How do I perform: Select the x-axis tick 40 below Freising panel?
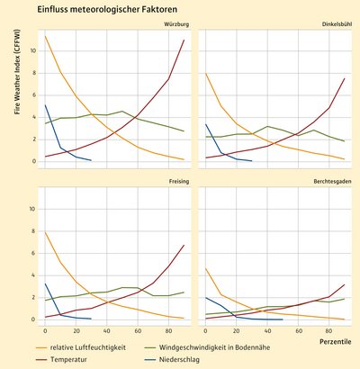click(106, 331)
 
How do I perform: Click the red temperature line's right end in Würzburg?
click(184, 40)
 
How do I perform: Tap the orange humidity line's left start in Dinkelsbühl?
click(206, 73)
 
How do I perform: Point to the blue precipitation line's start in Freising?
click(45, 283)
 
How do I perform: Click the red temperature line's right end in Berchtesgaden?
click(345, 284)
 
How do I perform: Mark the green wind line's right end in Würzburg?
click(184, 131)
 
